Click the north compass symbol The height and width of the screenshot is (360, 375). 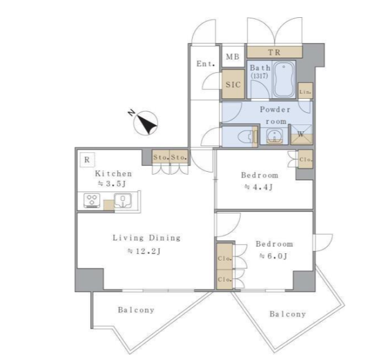coord(145,123)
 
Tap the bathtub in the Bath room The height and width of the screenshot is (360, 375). coord(284,80)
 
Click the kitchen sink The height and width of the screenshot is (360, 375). coord(123,201)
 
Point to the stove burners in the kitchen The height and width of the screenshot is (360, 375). coord(92,201)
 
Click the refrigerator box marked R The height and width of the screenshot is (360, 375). coord(87,159)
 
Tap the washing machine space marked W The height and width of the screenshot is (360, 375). coord(301,135)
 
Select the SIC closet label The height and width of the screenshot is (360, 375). coord(233,85)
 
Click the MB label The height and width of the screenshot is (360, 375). coord(233,56)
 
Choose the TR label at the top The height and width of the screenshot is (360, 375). coord(275,52)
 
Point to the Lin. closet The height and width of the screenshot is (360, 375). coord(305,91)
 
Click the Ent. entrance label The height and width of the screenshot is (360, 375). coord(205,64)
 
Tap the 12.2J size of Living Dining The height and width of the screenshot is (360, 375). coord(144,251)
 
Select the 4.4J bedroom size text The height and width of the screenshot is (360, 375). coord(259,187)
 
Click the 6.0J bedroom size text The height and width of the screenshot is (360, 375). coord(273,256)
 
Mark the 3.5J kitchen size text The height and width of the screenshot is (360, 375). coord(112,184)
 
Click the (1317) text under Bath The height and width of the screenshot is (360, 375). coord(259,76)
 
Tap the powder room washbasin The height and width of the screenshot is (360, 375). coord(274,136)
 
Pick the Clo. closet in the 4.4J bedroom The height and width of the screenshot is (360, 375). coord(305,159)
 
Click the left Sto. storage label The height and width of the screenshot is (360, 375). coord(161,157)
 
